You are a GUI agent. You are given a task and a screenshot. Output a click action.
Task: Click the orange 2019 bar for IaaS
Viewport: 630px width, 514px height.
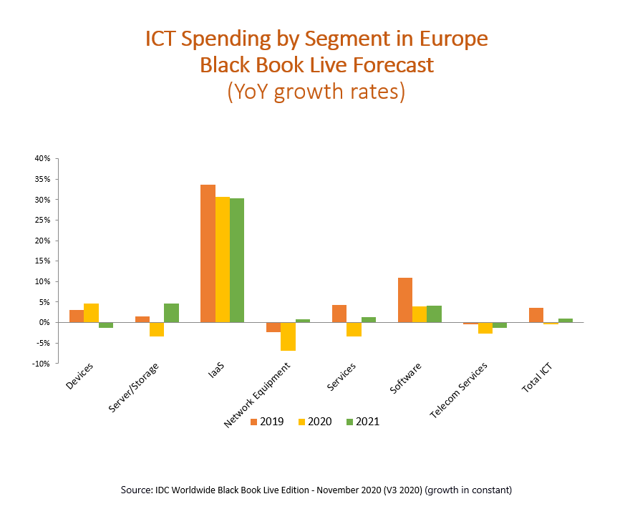(x=208, y=253)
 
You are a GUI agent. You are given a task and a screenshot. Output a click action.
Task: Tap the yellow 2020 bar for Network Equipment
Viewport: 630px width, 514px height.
(x=288, y=336)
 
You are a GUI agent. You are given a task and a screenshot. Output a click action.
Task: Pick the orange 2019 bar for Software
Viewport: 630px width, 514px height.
(x=404, y=300)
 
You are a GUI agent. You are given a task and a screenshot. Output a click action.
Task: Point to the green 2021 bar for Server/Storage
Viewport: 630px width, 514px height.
(x=171, y=313)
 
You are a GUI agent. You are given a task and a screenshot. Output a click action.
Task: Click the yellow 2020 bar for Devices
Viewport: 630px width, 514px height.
(x=91, y=313)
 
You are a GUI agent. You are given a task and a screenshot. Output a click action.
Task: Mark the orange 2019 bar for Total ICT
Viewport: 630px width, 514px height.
(x=536, y=315)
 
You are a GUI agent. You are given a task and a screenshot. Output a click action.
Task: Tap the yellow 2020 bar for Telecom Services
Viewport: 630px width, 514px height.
(x=485, y=328)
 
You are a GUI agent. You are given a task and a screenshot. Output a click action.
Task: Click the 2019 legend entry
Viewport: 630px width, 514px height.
(x=266, y=422)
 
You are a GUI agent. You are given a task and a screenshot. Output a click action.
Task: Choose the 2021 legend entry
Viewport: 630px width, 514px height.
(x=362, y=422)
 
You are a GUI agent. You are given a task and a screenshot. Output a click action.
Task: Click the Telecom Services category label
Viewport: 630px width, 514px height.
(x=459, y=390)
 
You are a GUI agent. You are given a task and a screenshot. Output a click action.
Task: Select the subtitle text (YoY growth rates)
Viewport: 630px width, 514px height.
(x=316, y=92)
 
